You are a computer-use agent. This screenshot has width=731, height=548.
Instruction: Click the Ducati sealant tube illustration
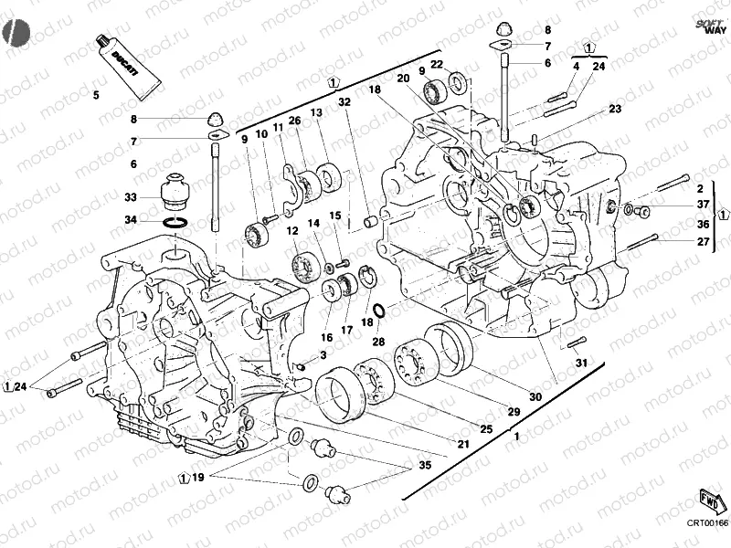click(127, 67)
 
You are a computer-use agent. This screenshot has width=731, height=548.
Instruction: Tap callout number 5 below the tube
click(94, 94)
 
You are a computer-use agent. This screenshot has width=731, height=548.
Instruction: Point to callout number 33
click(132, 197)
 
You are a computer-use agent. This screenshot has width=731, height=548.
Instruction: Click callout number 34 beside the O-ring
click(132, 220)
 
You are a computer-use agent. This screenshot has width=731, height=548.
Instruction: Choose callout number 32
click(345, 102)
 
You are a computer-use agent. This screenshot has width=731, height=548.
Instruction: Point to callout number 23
click(614, 109)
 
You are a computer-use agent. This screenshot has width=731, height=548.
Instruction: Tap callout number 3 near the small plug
click(323, 353)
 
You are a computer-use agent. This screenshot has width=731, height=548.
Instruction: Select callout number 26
click(294, 121)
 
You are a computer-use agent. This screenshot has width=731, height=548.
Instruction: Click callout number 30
click(535, 396)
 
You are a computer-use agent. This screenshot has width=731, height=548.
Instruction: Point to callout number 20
click(402, 79)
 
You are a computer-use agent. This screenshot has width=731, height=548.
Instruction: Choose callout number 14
click(313, 222)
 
